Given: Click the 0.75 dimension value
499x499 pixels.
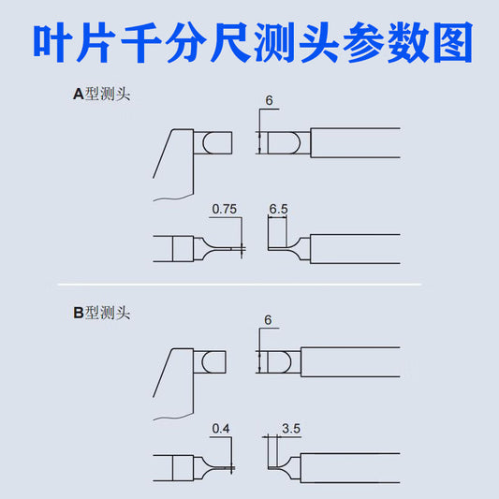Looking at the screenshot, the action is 225,209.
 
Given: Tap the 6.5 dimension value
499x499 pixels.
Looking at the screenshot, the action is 278,209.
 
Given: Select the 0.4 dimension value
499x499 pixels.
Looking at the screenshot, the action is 221,429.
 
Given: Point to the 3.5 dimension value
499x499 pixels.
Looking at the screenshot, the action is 291,429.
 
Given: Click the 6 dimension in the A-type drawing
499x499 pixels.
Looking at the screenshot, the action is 270,100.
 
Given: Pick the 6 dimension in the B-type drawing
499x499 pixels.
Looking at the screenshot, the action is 268,320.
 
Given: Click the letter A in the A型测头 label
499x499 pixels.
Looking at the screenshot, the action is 79,95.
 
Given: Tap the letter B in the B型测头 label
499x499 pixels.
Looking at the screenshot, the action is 79,313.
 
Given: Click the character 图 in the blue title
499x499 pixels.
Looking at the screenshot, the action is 453,42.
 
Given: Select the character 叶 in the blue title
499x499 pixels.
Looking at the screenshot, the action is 53,42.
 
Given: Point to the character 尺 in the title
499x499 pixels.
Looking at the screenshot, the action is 230,42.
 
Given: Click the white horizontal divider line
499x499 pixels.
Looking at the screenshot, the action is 240,285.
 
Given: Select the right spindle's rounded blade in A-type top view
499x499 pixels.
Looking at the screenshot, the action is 284,143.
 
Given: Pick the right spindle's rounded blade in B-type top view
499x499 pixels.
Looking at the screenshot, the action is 279,362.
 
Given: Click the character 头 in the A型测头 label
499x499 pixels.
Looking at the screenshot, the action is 123,95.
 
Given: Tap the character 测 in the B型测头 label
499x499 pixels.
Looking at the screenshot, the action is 108,313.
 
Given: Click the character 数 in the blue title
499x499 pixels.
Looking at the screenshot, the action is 408,42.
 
